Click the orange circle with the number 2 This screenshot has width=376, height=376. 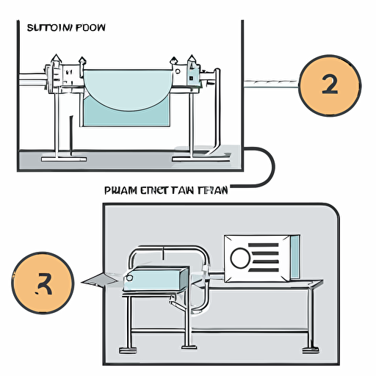click(x=330, y=85)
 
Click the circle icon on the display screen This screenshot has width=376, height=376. click(x=240, y=257)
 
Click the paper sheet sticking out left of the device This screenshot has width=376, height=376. click(x=99, y=278)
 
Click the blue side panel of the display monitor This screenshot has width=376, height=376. click(x=294, y=257)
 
